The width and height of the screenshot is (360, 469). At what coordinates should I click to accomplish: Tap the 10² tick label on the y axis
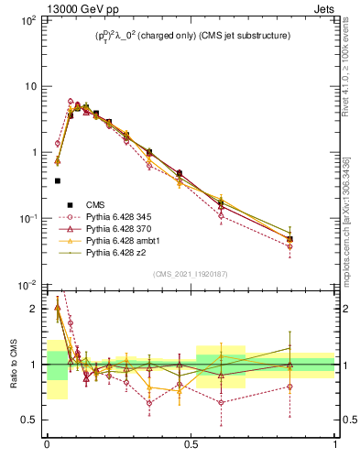click(x=27, y=20)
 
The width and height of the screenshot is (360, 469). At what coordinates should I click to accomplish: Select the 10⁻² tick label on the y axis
click(x=27, y=285)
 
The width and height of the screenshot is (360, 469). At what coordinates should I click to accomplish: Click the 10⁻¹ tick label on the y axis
click(x=27, y=219)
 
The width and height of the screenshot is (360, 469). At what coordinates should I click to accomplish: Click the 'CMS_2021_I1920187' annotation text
click(x=191, y=274)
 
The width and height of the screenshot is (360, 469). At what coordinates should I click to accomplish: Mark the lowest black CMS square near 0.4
click(x=57, y=181)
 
